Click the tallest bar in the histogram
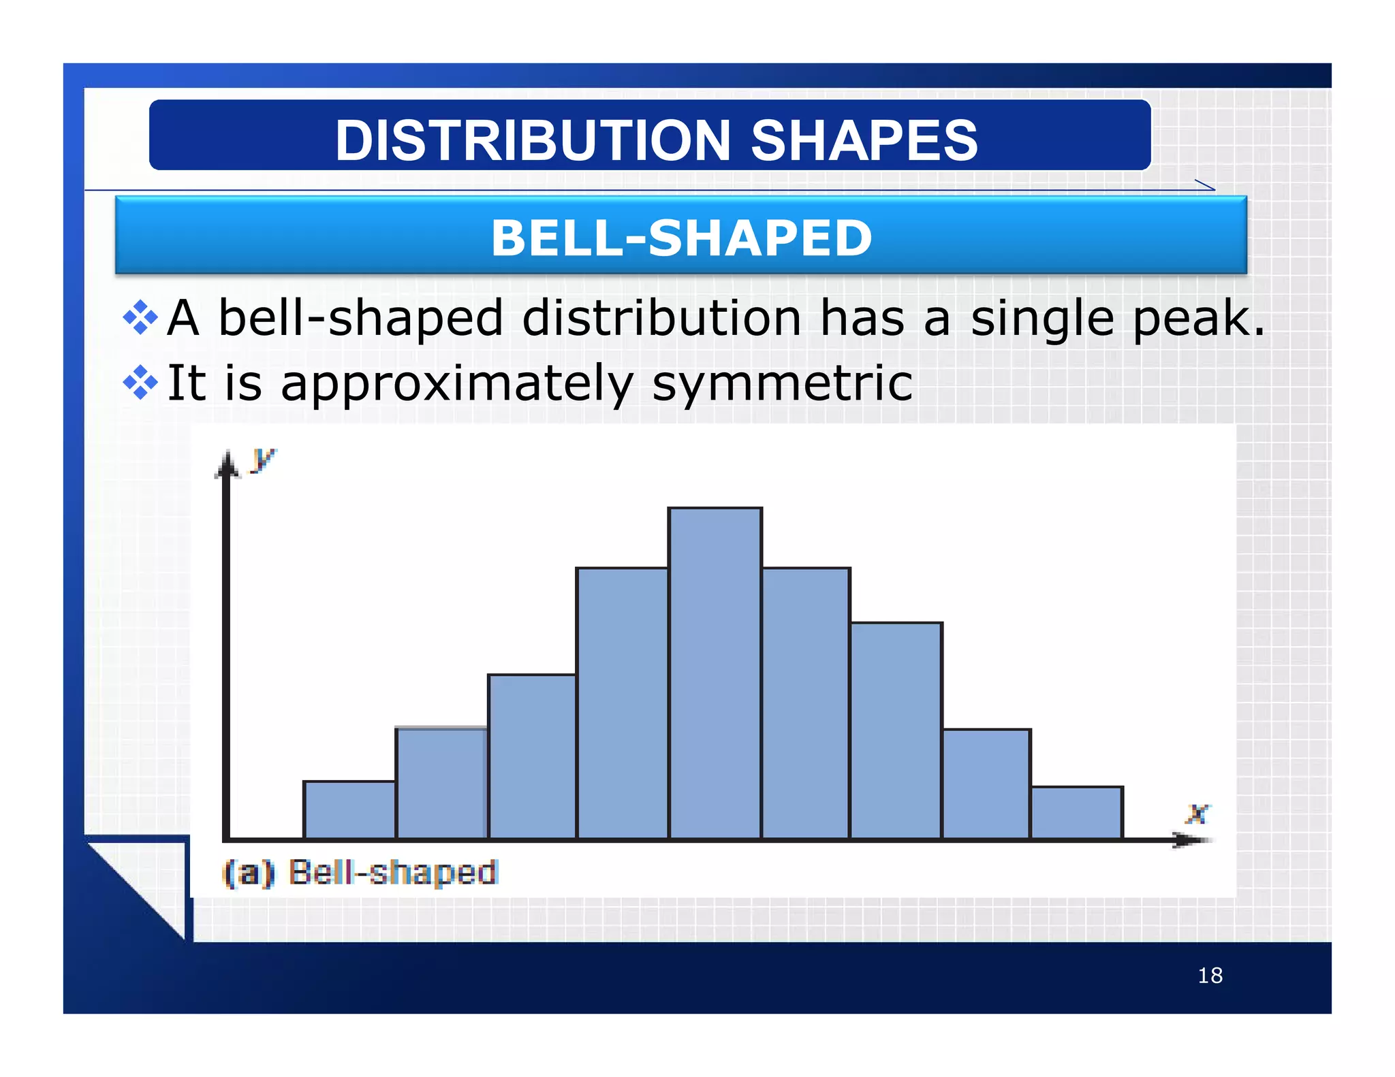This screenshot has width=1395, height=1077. click(x=715, y=674)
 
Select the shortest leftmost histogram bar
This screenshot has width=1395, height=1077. click(x=349, y=810)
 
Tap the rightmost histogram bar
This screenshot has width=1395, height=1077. click(x=1077, y=813)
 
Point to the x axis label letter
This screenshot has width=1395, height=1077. click(x=1197, y=814)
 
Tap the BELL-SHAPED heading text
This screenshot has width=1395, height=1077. click(x=681, y=238)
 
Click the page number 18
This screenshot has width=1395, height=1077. click(x=1210, y=976)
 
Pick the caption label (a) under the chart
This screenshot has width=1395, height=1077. click(x=249, y=873)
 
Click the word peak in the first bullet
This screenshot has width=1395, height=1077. click(x=1198, y=319)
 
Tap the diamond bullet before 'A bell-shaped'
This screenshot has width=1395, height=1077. click(x=140, y=317)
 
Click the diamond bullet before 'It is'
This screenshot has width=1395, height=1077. click(x=140, y=382)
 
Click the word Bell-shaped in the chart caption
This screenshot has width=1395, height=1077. click(x=393, y=873)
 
